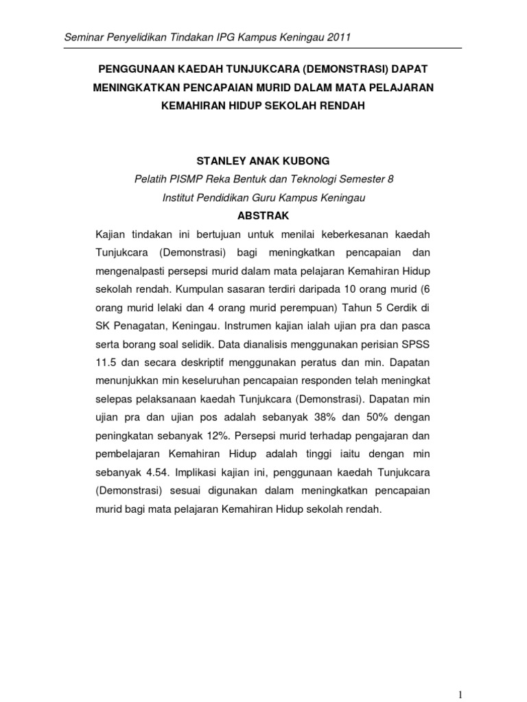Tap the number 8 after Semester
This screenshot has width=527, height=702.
[x=391, y=179]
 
